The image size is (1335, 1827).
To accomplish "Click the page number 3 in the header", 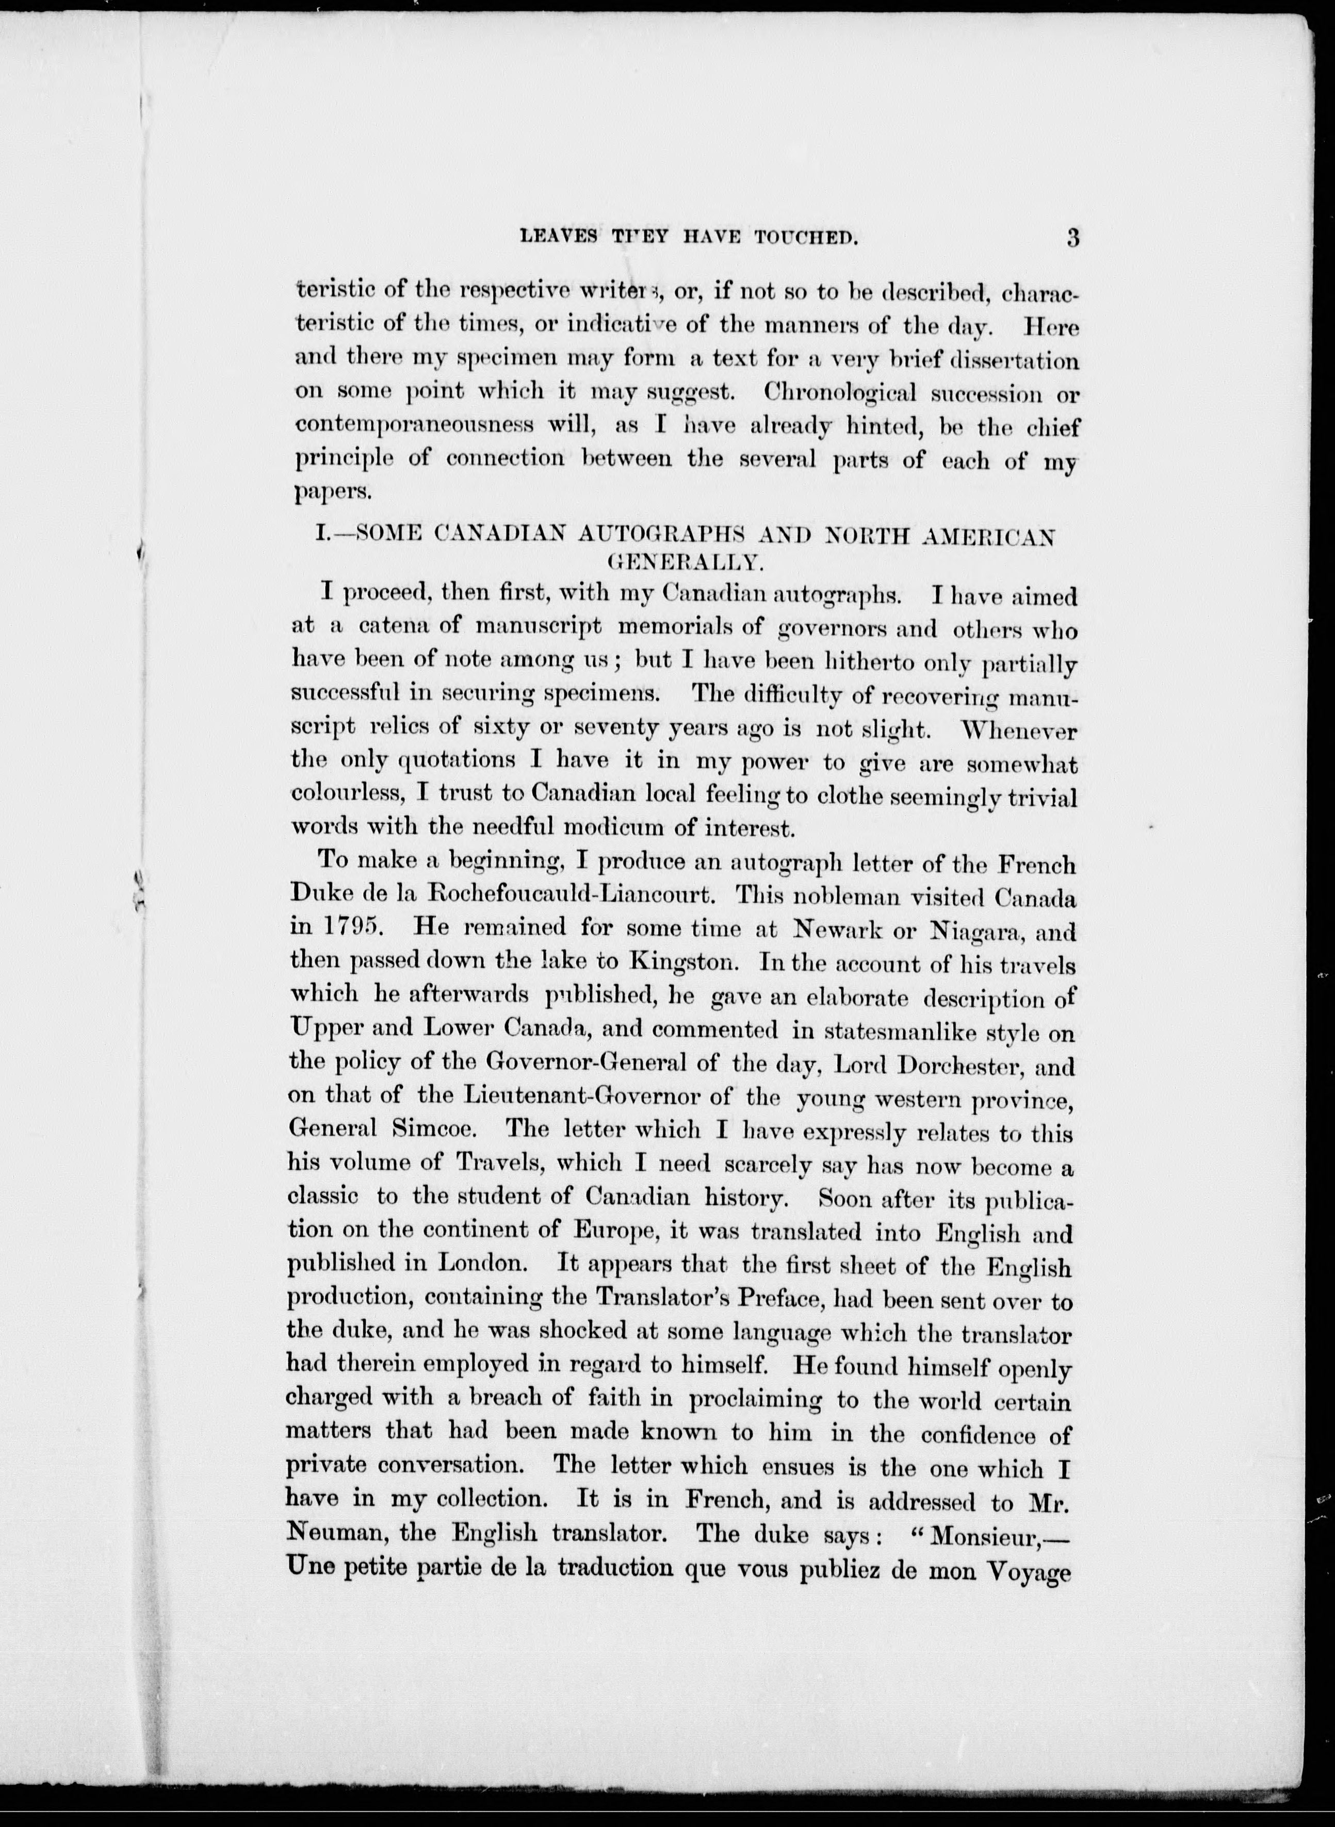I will point(1072,239).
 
